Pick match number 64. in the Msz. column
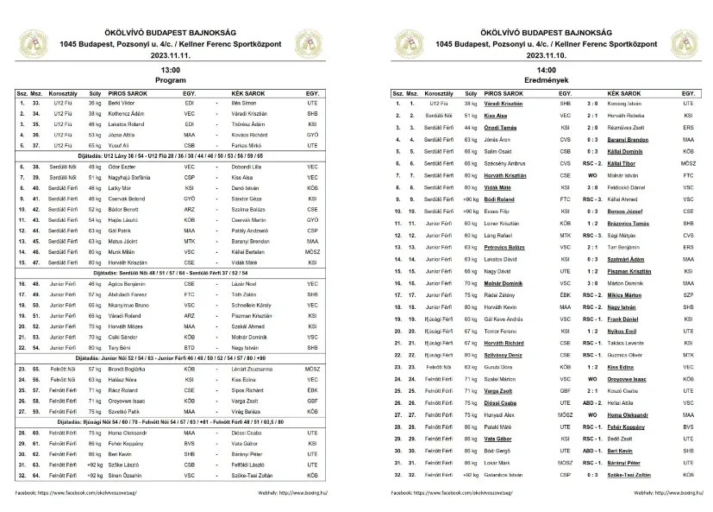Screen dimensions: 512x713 (37, 475)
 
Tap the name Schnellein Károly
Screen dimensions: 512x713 (238, 305)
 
